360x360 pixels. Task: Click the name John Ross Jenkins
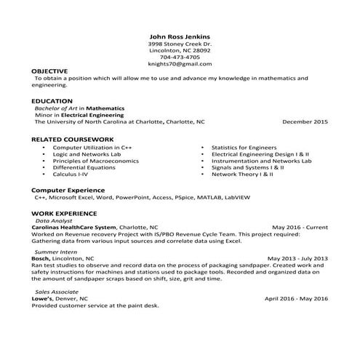point(179,36)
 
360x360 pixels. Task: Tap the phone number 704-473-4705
point(179,57)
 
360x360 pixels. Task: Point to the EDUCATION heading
point(52,100)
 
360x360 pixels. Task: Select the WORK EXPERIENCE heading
point(62,212)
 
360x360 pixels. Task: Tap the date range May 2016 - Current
point(300,227)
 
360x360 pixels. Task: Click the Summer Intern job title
point(55,251)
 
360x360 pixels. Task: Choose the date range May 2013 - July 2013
point(297,258)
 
